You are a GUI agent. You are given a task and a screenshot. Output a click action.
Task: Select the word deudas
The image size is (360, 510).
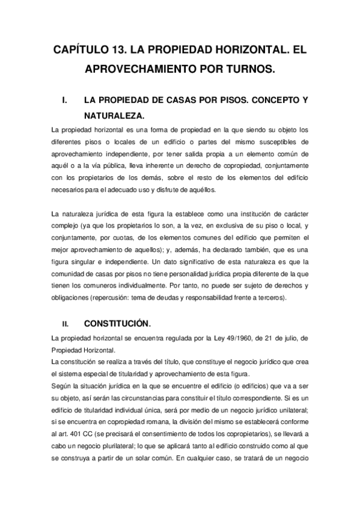click(180, 298)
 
